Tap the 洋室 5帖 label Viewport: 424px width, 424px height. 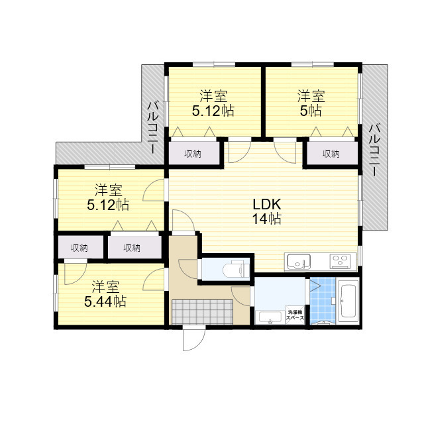(x=311, y=103)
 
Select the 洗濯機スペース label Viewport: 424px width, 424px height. (x=295, y=316)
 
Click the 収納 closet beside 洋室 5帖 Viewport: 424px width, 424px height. (x=331, y=154)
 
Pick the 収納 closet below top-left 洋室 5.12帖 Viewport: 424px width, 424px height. (x=193, y=154)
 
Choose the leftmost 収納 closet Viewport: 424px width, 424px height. (x=79, y=248)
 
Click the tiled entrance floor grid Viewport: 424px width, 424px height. (x=201, y=311)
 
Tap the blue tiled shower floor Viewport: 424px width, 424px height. (x=321, y=302)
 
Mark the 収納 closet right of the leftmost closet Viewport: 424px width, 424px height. (x=132, y=248)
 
